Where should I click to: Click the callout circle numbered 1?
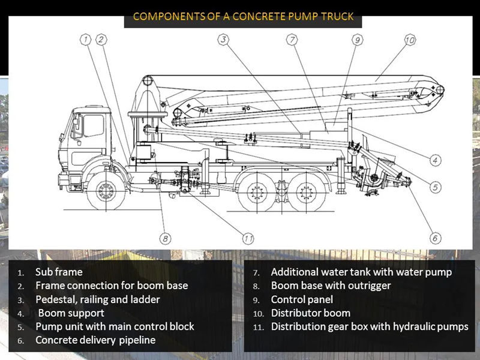pos(86,40)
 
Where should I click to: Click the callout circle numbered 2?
pos(101,40)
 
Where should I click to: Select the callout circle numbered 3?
pos(223,40)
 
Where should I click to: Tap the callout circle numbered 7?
pos(292,40)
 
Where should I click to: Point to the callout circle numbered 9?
pos(357,40)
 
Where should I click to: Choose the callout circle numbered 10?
pos(409,40)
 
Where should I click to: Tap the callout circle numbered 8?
pos(166,238)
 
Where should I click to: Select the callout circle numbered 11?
pos(249,238)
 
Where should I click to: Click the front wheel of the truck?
pos(106,191)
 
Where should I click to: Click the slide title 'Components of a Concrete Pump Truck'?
pos(243,16)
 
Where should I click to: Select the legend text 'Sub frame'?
pos(59,272)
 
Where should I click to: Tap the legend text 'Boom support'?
pos(71,313)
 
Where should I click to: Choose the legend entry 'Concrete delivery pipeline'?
pos(95,340)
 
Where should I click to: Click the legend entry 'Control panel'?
pos(302,299)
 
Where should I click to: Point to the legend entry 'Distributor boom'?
pos(310,313)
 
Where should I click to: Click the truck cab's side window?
pos(93,125)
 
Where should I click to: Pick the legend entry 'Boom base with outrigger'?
pos(331,286)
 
